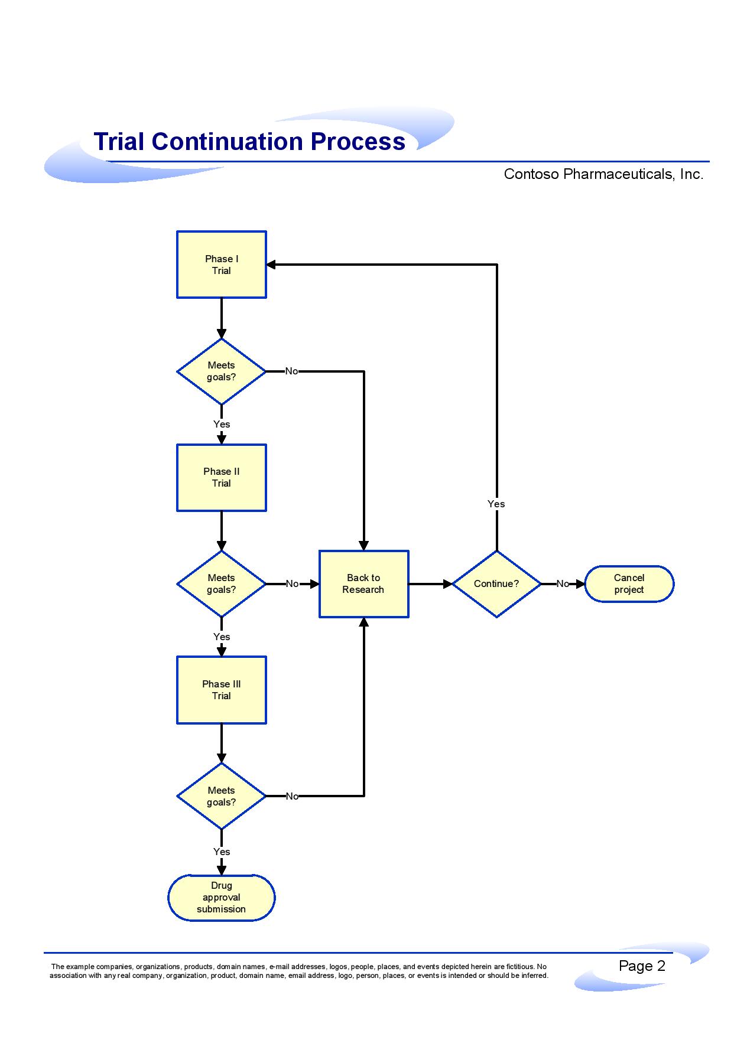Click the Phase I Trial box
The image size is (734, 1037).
222,265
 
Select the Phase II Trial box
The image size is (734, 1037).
222,477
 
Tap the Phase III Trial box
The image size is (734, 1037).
222,690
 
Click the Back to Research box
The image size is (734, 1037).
363,584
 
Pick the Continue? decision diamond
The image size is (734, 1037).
496,584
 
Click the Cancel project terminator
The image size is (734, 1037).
629,584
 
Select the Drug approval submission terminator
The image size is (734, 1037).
222,898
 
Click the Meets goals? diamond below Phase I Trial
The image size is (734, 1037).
222,371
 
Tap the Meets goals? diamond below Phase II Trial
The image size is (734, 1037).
222,584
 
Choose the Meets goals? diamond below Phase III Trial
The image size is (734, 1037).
222,796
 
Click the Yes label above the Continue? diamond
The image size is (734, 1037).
496,504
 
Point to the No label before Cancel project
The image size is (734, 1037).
563,584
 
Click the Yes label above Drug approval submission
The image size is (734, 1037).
222,852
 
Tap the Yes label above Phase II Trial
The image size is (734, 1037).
222,424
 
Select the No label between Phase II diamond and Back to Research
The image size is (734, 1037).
292,584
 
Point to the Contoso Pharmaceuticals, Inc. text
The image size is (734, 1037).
603,174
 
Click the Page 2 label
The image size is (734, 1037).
642,966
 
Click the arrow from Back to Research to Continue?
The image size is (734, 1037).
431,584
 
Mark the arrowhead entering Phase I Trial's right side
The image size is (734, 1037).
271,265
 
